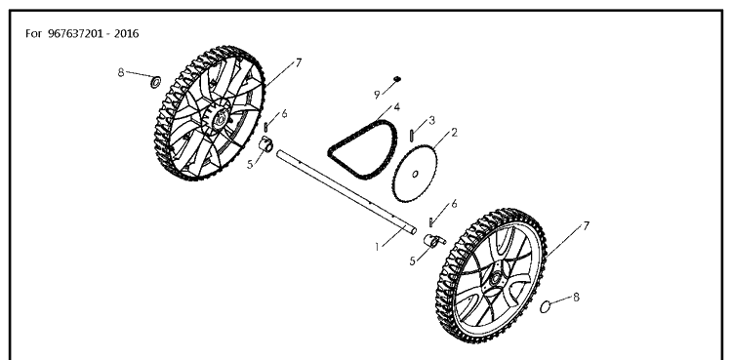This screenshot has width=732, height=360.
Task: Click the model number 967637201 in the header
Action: (75, 33)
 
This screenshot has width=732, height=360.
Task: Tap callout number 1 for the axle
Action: (377, 247)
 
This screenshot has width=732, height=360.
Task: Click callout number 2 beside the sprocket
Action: (453, 133)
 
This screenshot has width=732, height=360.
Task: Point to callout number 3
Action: (431, 120)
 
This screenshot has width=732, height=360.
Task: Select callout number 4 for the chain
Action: (397, 107)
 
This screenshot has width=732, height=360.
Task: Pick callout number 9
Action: (377, 96)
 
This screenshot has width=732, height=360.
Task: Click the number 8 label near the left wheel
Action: (121, 72)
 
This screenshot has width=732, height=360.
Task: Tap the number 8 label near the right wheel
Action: (576, 297)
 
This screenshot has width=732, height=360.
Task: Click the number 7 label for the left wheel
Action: (299, 62)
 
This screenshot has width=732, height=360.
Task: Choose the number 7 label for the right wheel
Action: (586, 226)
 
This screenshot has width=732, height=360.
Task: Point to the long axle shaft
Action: (346, 191)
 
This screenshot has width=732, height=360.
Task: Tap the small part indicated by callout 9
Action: (397, 78)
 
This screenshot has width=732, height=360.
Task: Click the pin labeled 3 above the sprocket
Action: (412, 136)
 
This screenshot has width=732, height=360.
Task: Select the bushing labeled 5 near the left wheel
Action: (266, 143)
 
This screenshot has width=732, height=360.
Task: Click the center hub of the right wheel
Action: (495, 279)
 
